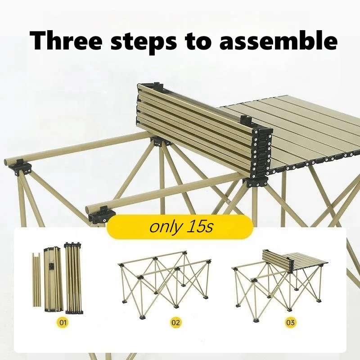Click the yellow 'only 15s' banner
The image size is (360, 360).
[x=180, y=227]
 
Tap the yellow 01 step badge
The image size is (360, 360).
[x=63, y=323]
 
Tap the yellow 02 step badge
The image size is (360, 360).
[x=175, y=323]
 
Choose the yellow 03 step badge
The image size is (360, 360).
[x=291, y=323]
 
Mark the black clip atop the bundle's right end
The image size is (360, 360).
[x=245, y=120]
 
